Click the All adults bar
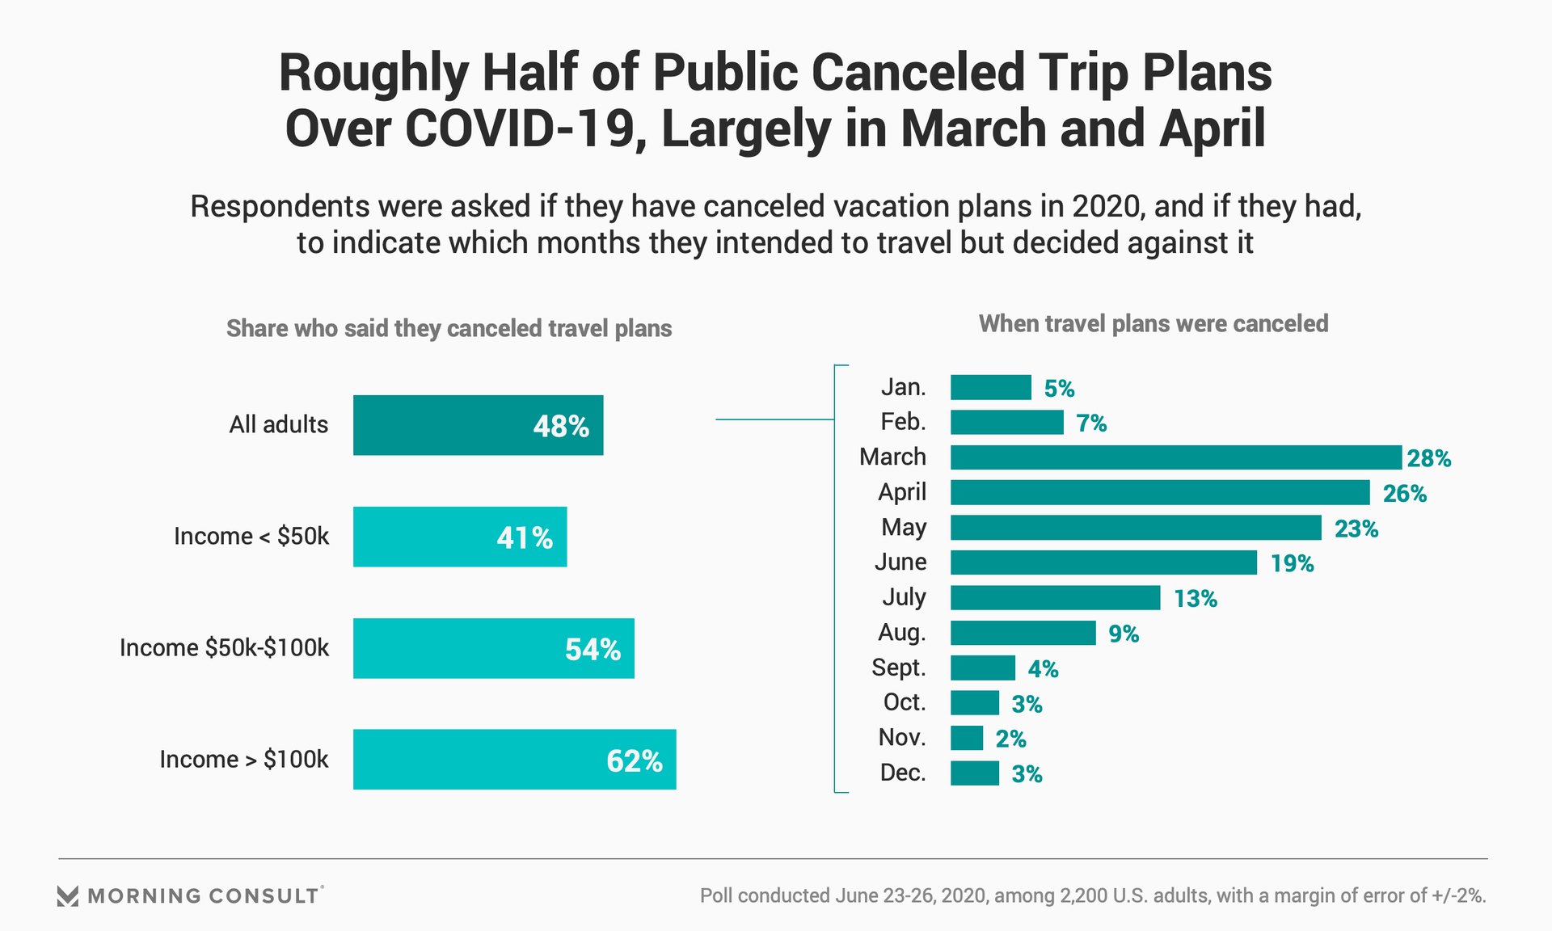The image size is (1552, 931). pyautogui.click(x=478, y=425)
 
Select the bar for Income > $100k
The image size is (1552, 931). pyautogui.click(x=514, y=760)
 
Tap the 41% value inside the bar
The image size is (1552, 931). pyautogui.click(x=525, y=537)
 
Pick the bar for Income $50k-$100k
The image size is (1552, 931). pyautogui.click(x=493, y=648)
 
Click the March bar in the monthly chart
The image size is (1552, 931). pyautogui.click(x=1175, y=457)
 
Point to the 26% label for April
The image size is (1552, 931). pyautogui.click(x=1404, y=493)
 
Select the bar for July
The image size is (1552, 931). pyautogui.click(x=1055, y=598)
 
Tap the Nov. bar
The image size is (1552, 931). pyautogui.click(x=967, y=738)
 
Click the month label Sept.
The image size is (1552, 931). pyautogui.click(x=899, y=668)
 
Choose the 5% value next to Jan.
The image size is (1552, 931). pyautogui.click(x=1059, y=389)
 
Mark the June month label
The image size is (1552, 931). pyautogui.click(x=900, y=562)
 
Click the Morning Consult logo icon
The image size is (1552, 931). pyautogui.click(x=68, y=895)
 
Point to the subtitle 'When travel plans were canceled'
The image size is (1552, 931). pyautogui.click(x=1153, y=324)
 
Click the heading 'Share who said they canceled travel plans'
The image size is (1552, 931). pyautogui.click(x=449, y=329)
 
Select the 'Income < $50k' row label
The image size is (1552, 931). pyautogui.click(x=251, y=537)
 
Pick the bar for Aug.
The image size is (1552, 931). pyautogui.click(x=1023, y=633)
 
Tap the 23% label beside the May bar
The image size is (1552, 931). pyautogui.click(x=1356, y=529)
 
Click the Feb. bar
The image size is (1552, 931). pyautogui.click(x=1006, y=423)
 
